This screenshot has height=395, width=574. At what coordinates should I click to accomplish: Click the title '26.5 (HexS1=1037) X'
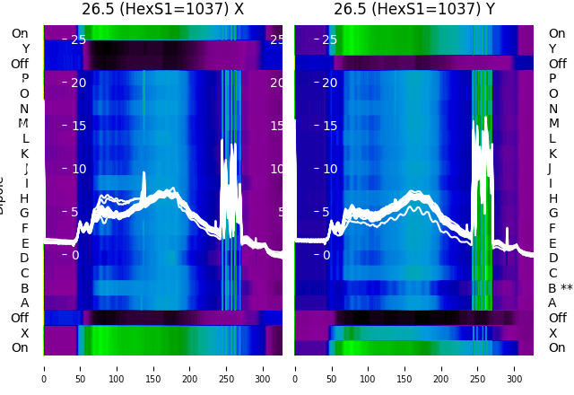[x=162, y=10]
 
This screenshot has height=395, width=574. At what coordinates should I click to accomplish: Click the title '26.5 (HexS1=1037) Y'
[x=414, y=10]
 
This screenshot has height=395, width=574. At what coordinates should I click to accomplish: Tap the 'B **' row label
[x=560, y=288]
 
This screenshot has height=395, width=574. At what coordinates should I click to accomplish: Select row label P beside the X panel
[x=24, y=79]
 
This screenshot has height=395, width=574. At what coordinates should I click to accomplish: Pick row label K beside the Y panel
[x=552, y=154]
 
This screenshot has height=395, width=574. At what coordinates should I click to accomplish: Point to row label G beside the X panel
[x=24, y=214]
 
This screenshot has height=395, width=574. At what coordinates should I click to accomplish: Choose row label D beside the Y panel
[x=552, y=259]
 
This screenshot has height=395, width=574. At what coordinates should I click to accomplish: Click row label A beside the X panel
[x=24, y=303]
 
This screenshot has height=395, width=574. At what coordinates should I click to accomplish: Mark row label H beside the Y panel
[x=552, y=198]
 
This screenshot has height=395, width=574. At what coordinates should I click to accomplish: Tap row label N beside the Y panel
[x=552, y=109]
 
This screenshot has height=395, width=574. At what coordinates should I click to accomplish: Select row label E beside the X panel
[x=24, y=243]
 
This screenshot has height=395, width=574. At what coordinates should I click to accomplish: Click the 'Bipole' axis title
[x=3, y=193]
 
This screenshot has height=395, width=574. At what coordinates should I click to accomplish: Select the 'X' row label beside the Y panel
[x=552, y=333]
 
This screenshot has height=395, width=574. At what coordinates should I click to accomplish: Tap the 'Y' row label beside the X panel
[x=25, y=48]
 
